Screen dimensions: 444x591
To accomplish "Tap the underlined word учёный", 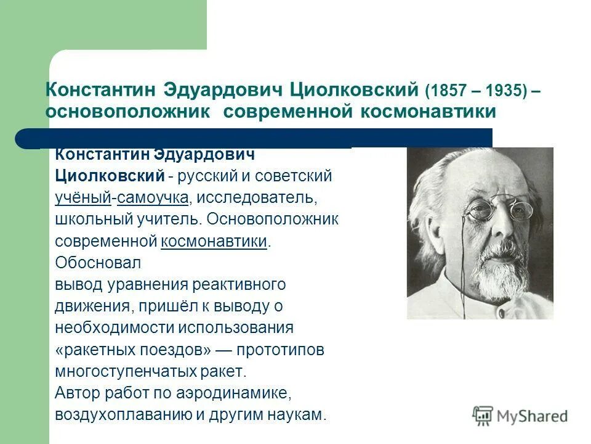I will click(x=82, y=198).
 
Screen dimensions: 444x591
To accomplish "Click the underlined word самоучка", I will click(x=152, y=198).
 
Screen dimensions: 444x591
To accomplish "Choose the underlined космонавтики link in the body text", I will click(x=214, y=240).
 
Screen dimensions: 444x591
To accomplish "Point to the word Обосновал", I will click(x=98, y=262).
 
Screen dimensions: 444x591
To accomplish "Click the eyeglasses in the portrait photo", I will click(x=486, y=210).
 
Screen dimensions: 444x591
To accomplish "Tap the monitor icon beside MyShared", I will click(x=483, y=415).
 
